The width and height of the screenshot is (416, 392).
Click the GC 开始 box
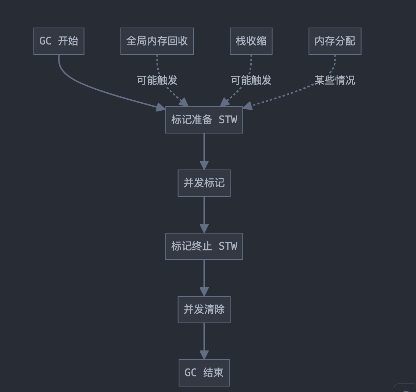point(59,41)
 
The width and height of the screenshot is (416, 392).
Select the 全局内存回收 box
point(157,41)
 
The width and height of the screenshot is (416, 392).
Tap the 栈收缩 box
point(251,41)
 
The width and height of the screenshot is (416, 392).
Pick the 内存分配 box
point(335,41)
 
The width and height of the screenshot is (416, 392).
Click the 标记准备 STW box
point(204,120)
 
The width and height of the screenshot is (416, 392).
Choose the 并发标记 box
point(204,183)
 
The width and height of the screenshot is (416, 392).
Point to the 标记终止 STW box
point(204,246)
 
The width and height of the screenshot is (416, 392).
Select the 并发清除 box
point(204,310)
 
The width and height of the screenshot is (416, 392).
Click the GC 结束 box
point(204,373)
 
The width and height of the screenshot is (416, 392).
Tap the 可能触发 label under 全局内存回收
point(157,80)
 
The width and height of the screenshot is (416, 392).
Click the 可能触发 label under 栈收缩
point(251,80)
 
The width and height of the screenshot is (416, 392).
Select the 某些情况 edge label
point(335,80)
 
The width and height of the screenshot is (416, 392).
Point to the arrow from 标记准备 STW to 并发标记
point(204,151)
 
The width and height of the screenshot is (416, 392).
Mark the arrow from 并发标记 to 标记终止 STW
point(204,214)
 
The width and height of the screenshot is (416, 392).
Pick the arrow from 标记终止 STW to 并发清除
point(204,277)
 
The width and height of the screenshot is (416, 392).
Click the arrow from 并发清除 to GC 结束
point(204,341)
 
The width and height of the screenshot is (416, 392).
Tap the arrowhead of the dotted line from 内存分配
point(248,106)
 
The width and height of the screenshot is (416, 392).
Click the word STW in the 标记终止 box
point(228,246)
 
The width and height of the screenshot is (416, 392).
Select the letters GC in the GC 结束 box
point(190,373)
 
